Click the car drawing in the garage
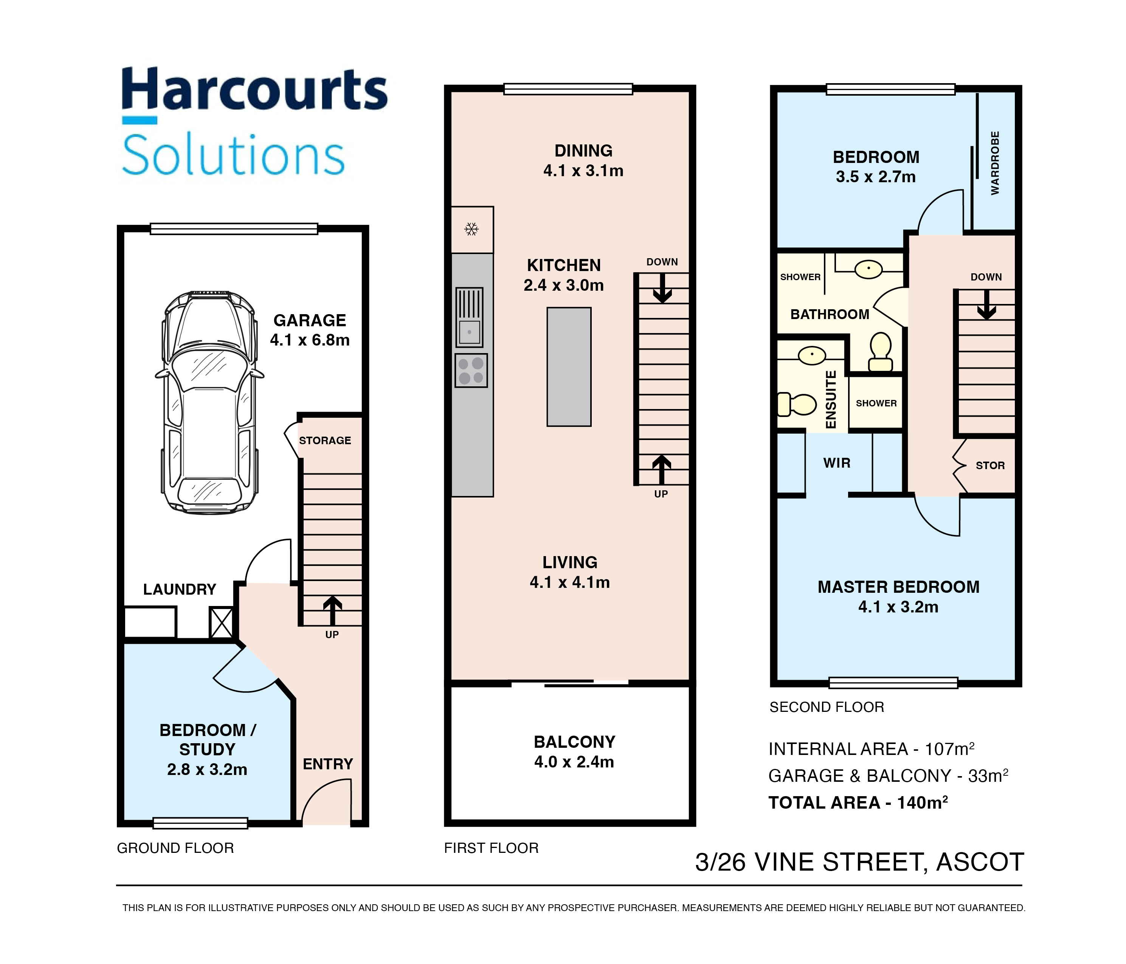point(210,403)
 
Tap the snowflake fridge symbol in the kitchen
point(471,229)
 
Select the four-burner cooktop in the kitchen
point(471,370)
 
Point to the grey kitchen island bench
point(569,367)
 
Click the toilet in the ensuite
point(797,404)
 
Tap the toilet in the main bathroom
point(880,352)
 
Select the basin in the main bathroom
point(869,268)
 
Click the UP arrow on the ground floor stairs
point(332,610)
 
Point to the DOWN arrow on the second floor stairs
point(986,305)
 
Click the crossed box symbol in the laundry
point(221,623)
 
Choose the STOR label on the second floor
point(990,466)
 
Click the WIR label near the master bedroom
point(837,463)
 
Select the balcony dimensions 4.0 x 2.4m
point(574,762)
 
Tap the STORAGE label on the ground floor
point(325,441)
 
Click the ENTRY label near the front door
point(328,764)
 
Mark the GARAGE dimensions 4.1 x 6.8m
point(310,340)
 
